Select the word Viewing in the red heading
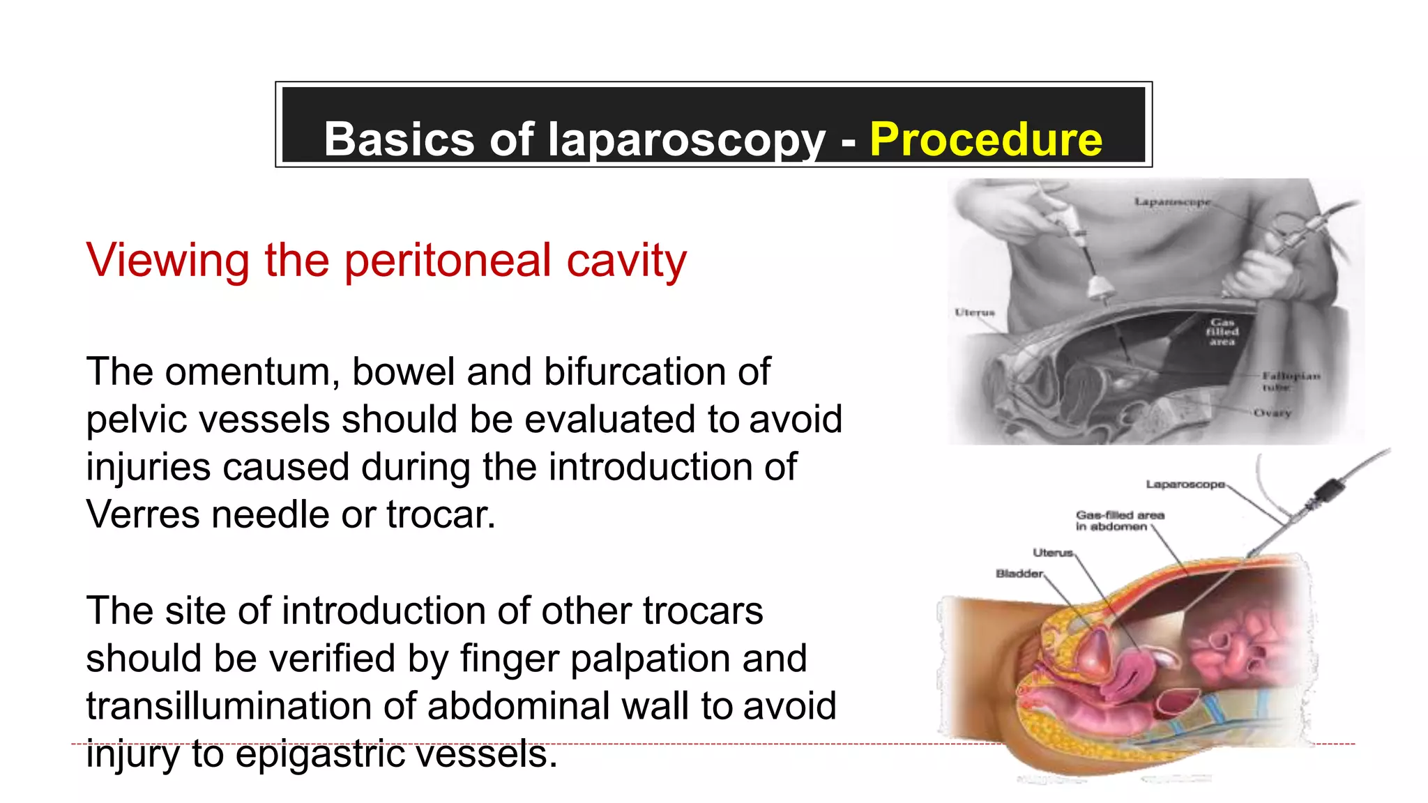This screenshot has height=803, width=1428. click(167, 261)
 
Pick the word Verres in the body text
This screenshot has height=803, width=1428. click(143, 514)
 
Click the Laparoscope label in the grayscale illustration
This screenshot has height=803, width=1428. click(1172, 202)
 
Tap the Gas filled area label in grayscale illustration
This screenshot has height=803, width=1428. click(1222, 332)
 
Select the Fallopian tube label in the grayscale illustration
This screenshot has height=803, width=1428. click(1291, 381)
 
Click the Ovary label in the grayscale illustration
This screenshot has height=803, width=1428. click(1273, 413)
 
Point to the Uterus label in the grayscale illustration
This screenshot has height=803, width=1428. click(974, 312)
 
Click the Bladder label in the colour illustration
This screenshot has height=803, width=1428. click(1019, 573)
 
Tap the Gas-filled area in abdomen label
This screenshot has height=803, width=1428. click(1119, 520)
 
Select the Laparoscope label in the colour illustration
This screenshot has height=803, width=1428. click(1185, 484)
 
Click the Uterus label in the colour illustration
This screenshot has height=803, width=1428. click(1052, 552)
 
